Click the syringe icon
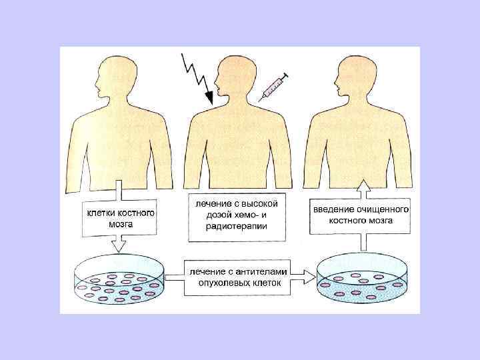point(273,86)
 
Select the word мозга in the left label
point(121,225)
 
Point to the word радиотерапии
point(236,226)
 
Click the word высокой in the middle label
point(257,201)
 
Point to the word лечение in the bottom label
point(206,271)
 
